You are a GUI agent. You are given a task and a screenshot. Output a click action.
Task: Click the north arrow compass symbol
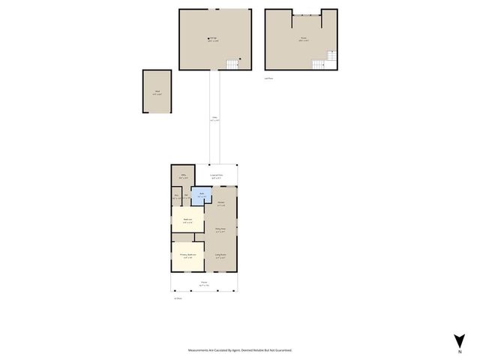pyautogui.click(x=459, y=340)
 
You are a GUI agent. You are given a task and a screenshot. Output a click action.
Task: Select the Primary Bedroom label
pyautogui.click(x=187, y=255)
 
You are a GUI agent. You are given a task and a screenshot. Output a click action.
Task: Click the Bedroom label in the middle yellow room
pyautogui.click(x=188, y=220)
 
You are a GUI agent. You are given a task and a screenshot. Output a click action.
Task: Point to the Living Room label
pyautogui.click(x=221, y=256)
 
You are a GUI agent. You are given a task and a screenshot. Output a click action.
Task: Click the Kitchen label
pyautogui.click(x=221, y=203)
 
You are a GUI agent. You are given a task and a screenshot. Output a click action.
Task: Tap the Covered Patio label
pyautogui.click(x=217, y=176)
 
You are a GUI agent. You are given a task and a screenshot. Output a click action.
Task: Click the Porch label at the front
pyautogui.click(x=204, y=283)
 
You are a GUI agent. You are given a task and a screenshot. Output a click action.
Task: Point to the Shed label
pyautogui.click(x=157, y=93)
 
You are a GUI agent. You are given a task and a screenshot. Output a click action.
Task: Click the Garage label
pyautogui.click(x=214, y=39)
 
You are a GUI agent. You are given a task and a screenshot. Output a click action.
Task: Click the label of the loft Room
pyautogui.click(x=303, y=39)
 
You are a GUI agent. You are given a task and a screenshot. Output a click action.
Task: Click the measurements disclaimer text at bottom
pyautogui.click(x=240, y=350)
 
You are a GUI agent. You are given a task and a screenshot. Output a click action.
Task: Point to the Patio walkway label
pyautogui.click(x=214, y=118)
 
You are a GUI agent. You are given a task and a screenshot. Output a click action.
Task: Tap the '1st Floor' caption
pyautogui.click(x=178, y=298)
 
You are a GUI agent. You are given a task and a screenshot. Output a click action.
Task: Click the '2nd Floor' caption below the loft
pyautogui.click(x=268, y=77)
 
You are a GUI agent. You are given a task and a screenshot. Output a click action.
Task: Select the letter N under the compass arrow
pyautogui.click(x=459, y=351)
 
